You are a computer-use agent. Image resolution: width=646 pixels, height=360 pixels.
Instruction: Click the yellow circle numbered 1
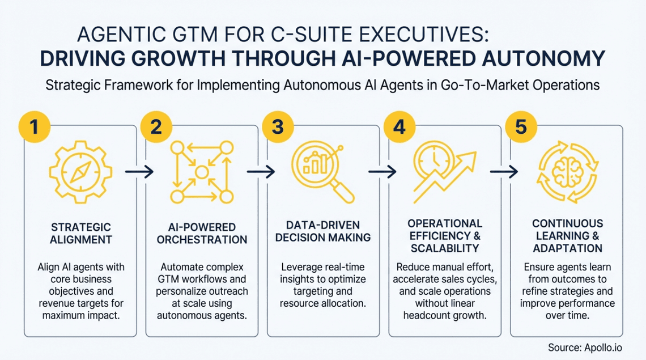[35, 126]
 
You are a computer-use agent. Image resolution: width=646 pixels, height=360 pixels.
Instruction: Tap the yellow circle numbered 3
[278, 126]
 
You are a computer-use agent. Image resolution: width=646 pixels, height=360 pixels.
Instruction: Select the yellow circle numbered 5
[521, 126]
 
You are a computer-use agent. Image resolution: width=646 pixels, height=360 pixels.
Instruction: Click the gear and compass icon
[80, 172]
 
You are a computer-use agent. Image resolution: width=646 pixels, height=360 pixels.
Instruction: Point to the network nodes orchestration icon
[202, 172]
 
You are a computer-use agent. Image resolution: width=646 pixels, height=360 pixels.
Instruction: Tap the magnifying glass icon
[323, 172]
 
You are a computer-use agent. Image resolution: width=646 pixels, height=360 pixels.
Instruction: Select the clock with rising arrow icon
[445, 172]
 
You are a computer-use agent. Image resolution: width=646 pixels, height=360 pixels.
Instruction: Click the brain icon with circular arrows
[568, 172]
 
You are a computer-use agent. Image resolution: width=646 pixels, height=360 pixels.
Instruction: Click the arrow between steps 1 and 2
[139, 172]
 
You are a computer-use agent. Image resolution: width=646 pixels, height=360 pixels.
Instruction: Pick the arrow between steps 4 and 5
[504, 172]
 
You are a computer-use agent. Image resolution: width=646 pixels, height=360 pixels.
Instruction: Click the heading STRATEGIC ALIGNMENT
[80, 234]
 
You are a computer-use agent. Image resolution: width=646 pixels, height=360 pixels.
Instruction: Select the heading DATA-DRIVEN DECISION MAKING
[323, 231]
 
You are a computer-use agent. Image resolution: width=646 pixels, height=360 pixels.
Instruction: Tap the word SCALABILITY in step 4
[445, 248]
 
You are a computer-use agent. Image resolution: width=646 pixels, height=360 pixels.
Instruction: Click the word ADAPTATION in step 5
[568, 248]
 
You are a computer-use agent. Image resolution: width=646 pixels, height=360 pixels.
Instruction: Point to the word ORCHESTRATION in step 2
[202, 240]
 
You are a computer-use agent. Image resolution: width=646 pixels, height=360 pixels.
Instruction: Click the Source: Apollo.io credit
[585, 348]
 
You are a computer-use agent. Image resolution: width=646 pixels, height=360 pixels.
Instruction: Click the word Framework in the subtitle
[138, 85]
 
